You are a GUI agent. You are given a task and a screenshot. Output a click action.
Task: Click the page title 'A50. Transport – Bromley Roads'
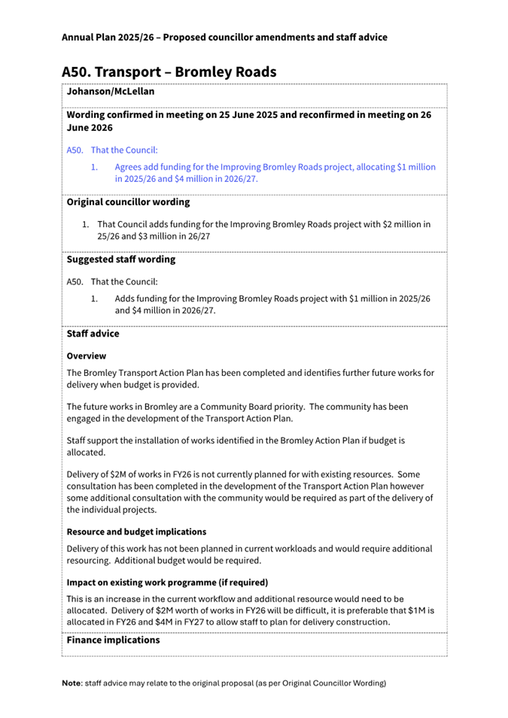(x=169, y=71)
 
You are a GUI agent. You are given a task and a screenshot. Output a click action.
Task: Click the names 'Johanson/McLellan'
(x=111, y=92)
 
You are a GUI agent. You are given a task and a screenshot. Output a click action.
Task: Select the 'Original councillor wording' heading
(x=128, y=202)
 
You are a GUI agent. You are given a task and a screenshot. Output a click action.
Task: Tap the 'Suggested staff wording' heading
(x=121, y=259)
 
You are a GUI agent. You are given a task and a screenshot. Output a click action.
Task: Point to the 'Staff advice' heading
(x=93, y=333)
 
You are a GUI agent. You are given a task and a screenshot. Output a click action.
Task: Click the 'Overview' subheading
(x=87, y=356)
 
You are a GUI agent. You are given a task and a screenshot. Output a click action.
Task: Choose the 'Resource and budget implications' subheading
(x=136, y=532)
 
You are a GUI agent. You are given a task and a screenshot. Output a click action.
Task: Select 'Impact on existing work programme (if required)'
(x=167, y=583)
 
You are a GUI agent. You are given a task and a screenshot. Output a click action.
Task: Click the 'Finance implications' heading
(x=113, y=641)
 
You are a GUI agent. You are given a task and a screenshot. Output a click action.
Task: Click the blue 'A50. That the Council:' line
(x=112, y=150)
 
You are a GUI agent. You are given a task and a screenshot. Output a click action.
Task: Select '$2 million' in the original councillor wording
(x=402, y=224)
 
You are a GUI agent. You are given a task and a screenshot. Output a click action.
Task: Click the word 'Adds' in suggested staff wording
(x=125, y=298)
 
